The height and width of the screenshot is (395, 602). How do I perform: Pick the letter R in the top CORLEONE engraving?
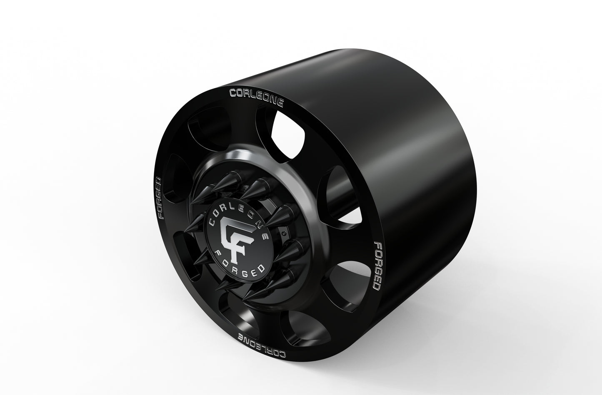click(x=247, y=94)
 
